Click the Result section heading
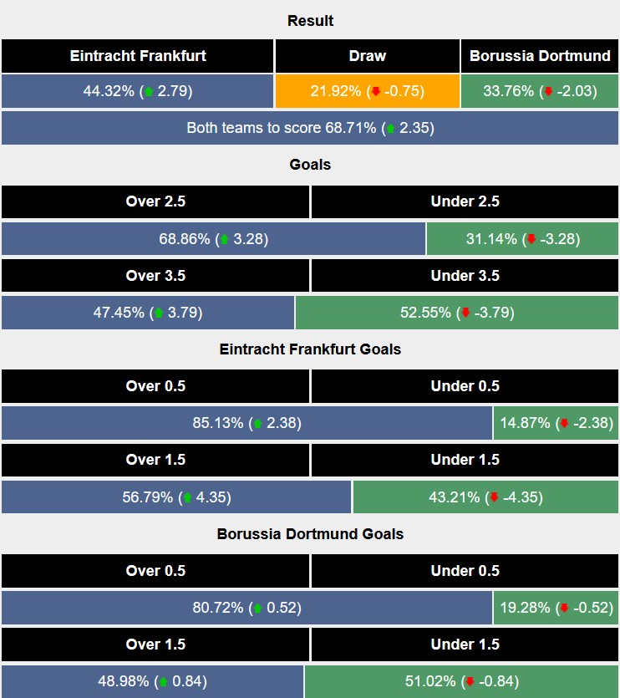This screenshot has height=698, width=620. pos(310,21)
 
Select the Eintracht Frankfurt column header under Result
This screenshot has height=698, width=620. pos(138,56)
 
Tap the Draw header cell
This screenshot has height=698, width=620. pos(367,56)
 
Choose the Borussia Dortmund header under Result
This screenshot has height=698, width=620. pos(540,56)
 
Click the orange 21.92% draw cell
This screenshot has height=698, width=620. pos(367,91)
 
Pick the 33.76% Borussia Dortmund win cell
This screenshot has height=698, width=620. pos(540,91)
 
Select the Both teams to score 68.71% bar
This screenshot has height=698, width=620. pos(310,129)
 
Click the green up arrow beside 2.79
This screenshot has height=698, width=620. pos(150,92)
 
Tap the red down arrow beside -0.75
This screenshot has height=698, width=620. pos(376,92)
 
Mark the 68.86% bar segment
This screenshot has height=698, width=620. pos(213,239)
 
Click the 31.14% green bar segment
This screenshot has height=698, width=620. pos(523,239)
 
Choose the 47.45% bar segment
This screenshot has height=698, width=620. pos(148,313)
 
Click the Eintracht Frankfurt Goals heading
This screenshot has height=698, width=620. pos(310,349)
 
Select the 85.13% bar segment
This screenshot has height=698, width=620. pos(246,423)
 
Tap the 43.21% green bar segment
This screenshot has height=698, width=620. pos(485,497)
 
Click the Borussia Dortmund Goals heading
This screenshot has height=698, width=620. pos(310,533)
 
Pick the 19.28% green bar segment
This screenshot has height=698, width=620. pos(556,608)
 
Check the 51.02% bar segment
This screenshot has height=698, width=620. pos(461,681)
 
